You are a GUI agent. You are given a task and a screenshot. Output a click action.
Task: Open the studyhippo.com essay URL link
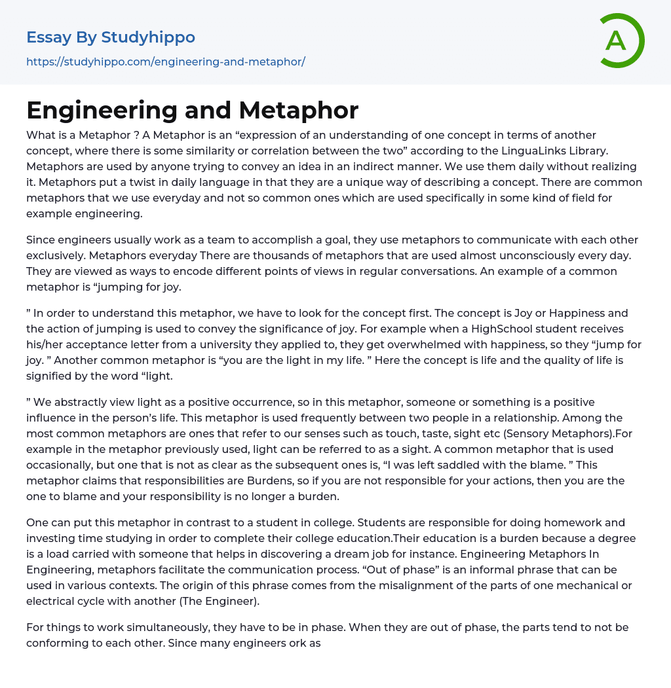(x=166, y=62)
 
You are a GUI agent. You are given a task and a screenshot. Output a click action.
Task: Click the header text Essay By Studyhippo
(x=111, y=37)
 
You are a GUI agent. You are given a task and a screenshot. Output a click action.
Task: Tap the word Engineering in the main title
(x=100, y=110)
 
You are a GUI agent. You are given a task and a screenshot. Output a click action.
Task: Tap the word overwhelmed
(x=421, y=345)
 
